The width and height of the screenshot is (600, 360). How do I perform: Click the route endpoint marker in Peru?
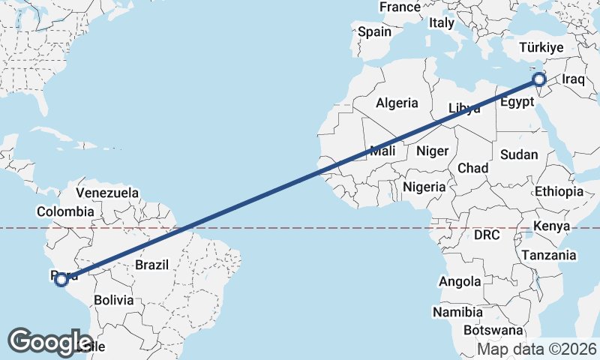click(61, 280)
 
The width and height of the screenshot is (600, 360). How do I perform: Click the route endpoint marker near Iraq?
click(538, 79)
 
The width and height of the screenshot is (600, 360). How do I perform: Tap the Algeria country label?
click(397, 103)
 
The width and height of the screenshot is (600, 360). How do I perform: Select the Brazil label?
click(151, 264)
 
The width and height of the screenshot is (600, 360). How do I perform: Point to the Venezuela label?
click(107, 193)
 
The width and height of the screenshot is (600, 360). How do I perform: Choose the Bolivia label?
click(113, 300)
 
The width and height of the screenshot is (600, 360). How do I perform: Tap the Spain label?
click(374, 31)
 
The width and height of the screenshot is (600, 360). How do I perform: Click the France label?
click(400, 7)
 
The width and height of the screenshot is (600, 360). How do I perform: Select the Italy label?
click(442, 23)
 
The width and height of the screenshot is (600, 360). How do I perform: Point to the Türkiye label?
click(539, 48)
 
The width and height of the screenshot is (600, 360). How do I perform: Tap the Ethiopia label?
click(558, 192)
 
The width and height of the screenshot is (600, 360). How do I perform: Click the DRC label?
click(486, 235)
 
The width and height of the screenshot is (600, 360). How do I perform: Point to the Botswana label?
click(493, 330)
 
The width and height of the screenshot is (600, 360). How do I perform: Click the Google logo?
click(49, 341)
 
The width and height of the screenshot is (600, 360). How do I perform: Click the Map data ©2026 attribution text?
click(537, 349)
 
